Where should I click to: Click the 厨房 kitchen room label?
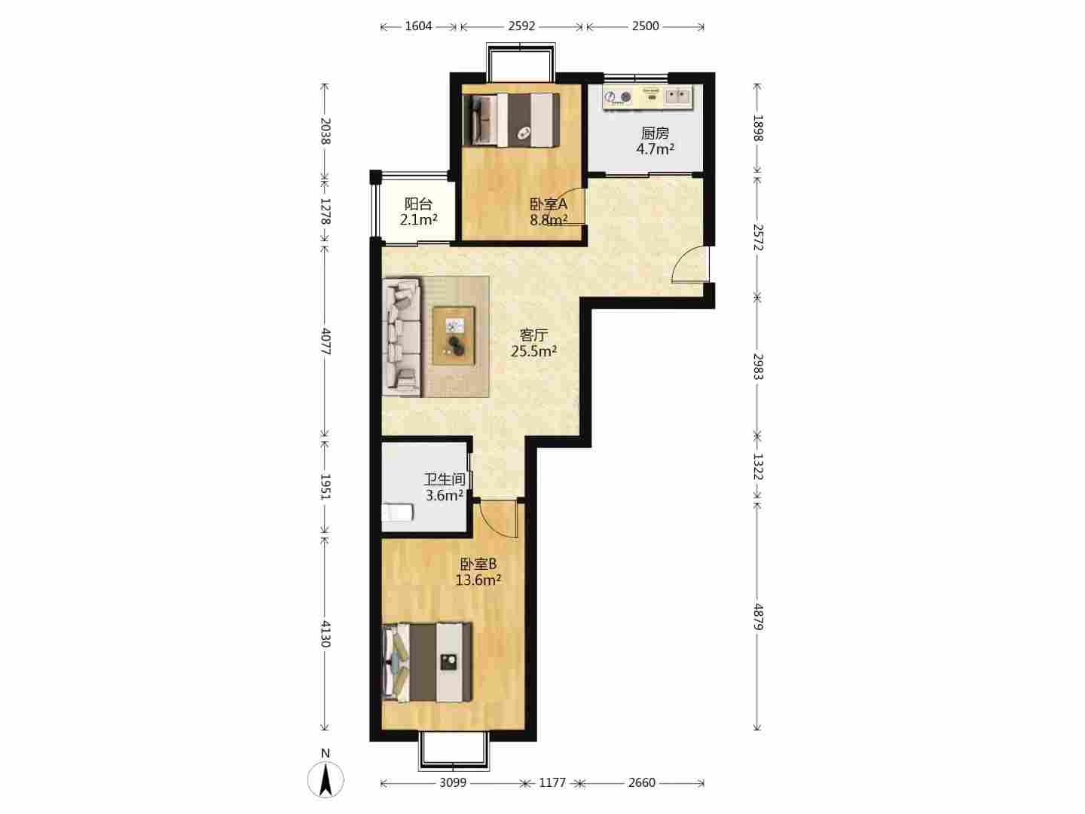pos(655,133)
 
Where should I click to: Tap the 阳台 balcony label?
pos(418,203)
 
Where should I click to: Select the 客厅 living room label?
pos(534,335)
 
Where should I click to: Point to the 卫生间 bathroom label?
pos(445,479)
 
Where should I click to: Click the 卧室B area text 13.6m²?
pos(478,580)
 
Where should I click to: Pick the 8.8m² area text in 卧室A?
pos(549,219)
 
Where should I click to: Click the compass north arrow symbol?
pos(325,779)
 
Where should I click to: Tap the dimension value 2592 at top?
pos(521,26)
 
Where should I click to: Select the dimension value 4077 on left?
pos(325,341)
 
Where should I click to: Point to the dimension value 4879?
pos(758,617)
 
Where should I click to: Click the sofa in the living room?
pos(402,337)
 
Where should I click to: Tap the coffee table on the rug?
pos(454,335)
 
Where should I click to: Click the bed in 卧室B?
pos(427,661)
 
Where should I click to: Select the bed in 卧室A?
pos(511,120)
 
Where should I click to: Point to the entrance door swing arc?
pos(685,264)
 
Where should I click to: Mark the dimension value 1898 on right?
pos(758,128)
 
